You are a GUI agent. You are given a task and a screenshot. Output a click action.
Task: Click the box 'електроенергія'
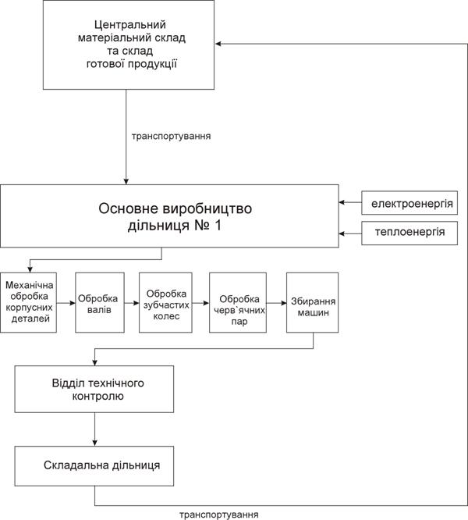409,203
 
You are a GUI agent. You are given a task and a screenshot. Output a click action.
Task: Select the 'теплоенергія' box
409,233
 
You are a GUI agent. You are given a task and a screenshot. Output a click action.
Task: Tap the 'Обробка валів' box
100,302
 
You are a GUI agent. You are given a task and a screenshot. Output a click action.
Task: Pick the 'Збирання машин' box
312,302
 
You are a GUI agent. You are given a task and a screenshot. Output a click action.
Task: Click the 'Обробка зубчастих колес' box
165,302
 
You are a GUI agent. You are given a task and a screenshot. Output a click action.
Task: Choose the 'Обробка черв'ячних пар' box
238,302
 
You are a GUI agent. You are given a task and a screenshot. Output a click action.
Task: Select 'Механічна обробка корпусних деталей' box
29,302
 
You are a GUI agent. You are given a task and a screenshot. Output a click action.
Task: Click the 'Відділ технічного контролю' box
94,389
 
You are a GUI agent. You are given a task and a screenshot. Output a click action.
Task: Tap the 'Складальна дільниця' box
94,466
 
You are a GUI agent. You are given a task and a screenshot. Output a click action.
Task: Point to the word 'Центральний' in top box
129,25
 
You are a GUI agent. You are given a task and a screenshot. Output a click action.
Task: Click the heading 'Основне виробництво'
175,208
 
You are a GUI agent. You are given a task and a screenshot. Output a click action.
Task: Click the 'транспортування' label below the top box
172,137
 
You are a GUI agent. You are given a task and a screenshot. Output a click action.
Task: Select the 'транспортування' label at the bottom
219,515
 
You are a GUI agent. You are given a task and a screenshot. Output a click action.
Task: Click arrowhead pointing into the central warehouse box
218,44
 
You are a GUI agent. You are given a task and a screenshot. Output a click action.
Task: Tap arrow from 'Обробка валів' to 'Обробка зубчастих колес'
132,303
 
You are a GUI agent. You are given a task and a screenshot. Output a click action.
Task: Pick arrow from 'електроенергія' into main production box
350,202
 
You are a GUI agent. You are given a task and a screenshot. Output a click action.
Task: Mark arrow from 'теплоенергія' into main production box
350,233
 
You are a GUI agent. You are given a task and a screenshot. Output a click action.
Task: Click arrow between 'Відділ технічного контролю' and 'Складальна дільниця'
94,429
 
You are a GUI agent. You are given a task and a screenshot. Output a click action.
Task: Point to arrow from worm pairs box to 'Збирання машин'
277,303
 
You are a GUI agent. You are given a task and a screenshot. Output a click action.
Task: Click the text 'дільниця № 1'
174,226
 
